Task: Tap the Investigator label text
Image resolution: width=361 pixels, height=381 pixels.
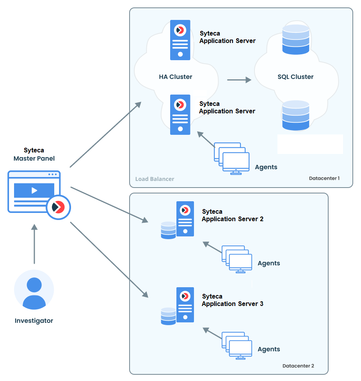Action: click(34, 321)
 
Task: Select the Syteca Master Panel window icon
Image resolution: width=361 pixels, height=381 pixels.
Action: click(34, 191)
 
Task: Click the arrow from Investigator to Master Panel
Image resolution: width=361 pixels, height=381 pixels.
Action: click(34, 244)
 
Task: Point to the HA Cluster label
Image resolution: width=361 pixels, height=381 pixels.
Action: click(175, 77)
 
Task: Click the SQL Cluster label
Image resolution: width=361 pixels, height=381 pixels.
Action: click(295, 77)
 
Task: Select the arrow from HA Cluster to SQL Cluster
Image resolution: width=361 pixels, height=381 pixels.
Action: click(239, 80)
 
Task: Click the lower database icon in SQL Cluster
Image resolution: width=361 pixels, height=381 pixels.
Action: click(295, 116)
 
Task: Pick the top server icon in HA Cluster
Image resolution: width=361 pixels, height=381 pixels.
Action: click(180, 40)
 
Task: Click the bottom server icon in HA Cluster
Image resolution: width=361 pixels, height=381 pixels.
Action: click(180, 114)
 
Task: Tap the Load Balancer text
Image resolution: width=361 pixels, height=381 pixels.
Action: click(155, 179)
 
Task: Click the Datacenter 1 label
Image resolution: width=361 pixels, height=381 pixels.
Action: click(324, 178)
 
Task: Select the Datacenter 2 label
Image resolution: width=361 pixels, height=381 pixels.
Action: click(298, 366)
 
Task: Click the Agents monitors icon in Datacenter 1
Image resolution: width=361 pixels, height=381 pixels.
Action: click(232, 158)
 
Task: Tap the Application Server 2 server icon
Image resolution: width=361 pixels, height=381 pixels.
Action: click(185, 219)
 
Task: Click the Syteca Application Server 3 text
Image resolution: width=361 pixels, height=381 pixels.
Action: click(232, 300)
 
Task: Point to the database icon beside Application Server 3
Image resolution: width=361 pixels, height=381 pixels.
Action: click(168, 316)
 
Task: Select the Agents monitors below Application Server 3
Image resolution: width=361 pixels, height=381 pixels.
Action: click(237, 345)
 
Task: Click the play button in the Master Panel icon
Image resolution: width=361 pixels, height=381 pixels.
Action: click(34, 190)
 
